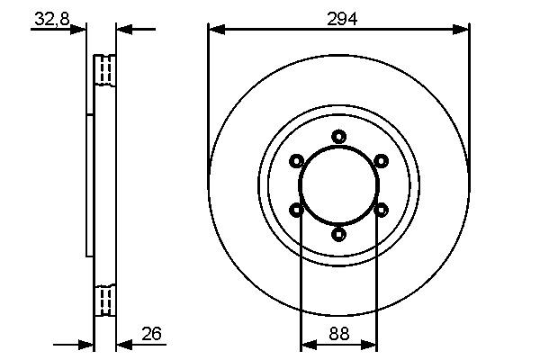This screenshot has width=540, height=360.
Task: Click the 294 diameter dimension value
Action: coord(338,19)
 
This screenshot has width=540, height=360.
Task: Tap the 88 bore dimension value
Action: coord(338,332)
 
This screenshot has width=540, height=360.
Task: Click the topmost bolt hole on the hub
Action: coord(338,137)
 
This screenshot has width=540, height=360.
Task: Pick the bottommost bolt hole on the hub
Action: coord(338,234)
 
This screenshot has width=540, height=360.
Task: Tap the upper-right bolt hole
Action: coord(381,161)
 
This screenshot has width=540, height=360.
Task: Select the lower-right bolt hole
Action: coord(381,210)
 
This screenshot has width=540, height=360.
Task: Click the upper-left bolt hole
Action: coord(296,161)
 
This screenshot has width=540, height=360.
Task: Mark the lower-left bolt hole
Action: coord(296,210)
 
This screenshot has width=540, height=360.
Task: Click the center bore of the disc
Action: coord(338,185)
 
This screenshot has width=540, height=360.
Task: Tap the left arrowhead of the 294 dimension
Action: coord(215,30)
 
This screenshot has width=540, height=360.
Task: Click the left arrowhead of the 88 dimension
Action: coord(307,344)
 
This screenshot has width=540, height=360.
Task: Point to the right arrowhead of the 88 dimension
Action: coord(370,344)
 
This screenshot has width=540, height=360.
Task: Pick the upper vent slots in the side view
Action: coord(105,69)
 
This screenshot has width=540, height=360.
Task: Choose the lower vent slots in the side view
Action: coord(105,300)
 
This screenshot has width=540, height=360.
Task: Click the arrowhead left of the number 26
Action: coord(124,344)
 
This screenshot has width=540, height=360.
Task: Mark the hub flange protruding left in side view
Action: coord(90,184)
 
